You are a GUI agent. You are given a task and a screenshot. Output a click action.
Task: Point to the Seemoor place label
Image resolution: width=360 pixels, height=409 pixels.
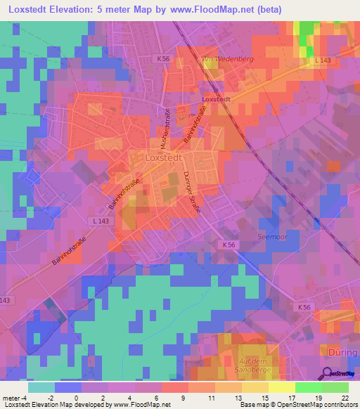click(x=272, y=237)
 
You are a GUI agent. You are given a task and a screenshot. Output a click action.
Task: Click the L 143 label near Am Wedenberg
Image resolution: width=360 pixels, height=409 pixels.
click(x=322, y=60)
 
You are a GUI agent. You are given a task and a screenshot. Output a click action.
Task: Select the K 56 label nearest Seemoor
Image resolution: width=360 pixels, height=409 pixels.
click(x=228, y=245)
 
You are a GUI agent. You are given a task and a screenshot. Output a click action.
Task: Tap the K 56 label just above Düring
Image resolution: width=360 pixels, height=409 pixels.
click(x=304, y=308)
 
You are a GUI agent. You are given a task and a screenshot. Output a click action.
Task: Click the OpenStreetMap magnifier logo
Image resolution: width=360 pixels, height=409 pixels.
click(x=339, y=372)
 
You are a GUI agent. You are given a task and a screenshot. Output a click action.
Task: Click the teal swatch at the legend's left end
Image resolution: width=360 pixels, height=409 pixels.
click(x=41, y=387)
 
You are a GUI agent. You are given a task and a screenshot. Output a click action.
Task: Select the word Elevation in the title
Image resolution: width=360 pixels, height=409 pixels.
click(x=75, y=10)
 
